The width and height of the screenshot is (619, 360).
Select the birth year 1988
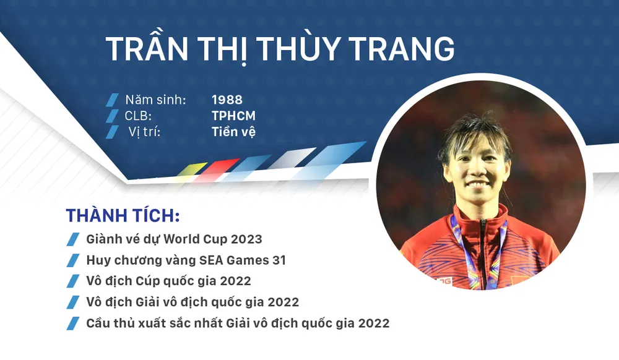pos(227,100)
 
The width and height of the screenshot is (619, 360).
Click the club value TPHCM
pos(233,116)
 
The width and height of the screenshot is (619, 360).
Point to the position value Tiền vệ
pos(233,131)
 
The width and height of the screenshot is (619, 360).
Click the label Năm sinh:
pos(155,100)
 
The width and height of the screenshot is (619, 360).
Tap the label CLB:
pos(138,116)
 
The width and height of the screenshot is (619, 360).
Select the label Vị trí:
pos(144,131)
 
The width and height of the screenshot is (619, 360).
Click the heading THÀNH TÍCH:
pos(123,215)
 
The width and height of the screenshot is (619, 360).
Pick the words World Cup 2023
pos(213,239)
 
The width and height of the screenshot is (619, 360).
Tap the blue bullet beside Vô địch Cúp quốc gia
pos(73,281)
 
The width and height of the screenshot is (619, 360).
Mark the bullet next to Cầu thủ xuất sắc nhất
pos(73,324)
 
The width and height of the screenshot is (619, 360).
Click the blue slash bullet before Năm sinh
pos(112,100)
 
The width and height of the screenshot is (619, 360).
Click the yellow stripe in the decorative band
pos(192,169)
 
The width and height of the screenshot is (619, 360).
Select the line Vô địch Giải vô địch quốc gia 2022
pos(193,302)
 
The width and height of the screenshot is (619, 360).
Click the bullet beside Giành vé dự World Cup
pos(73,239)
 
